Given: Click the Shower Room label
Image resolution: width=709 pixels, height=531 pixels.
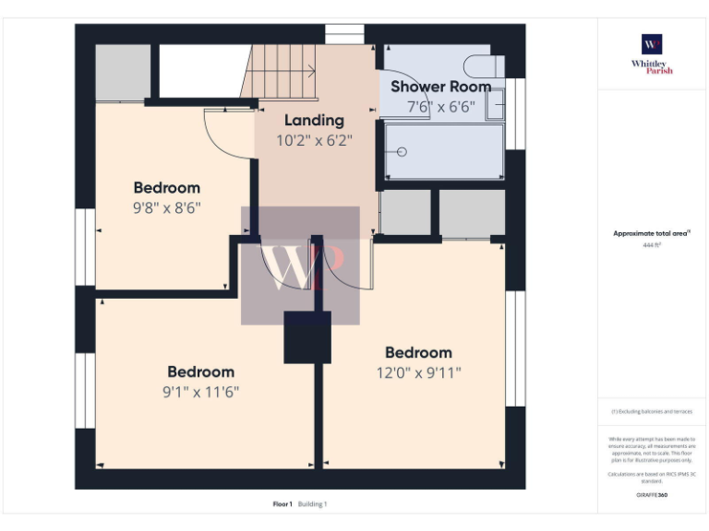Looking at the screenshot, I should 440,86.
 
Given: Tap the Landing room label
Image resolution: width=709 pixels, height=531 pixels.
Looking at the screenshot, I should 314,120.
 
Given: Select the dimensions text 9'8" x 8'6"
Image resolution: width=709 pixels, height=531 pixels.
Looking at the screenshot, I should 166,207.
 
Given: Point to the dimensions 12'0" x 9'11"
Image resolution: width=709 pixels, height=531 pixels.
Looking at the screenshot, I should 418,372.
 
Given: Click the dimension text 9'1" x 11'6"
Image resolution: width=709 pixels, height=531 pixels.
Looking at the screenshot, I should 200,391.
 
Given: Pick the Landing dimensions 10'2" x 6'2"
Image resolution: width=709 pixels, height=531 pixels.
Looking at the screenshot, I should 314,141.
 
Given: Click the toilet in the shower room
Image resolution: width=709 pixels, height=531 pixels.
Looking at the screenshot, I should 484,66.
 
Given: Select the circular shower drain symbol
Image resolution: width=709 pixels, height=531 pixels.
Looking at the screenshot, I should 402,151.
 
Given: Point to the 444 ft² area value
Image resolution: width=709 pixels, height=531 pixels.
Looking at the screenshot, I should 652,245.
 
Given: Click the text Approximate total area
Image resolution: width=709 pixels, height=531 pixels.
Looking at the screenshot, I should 652,233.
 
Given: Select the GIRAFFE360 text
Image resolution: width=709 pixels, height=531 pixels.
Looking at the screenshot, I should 652,495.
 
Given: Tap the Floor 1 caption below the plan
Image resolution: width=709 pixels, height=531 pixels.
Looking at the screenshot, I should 282,504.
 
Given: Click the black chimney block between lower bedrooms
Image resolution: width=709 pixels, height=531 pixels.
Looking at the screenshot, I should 306,337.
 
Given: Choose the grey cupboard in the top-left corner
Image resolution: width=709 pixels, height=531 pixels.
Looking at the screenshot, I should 123,71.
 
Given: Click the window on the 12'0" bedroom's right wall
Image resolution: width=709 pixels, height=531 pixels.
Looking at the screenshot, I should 515,348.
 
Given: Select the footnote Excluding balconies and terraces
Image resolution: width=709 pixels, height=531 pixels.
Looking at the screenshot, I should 652,411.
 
